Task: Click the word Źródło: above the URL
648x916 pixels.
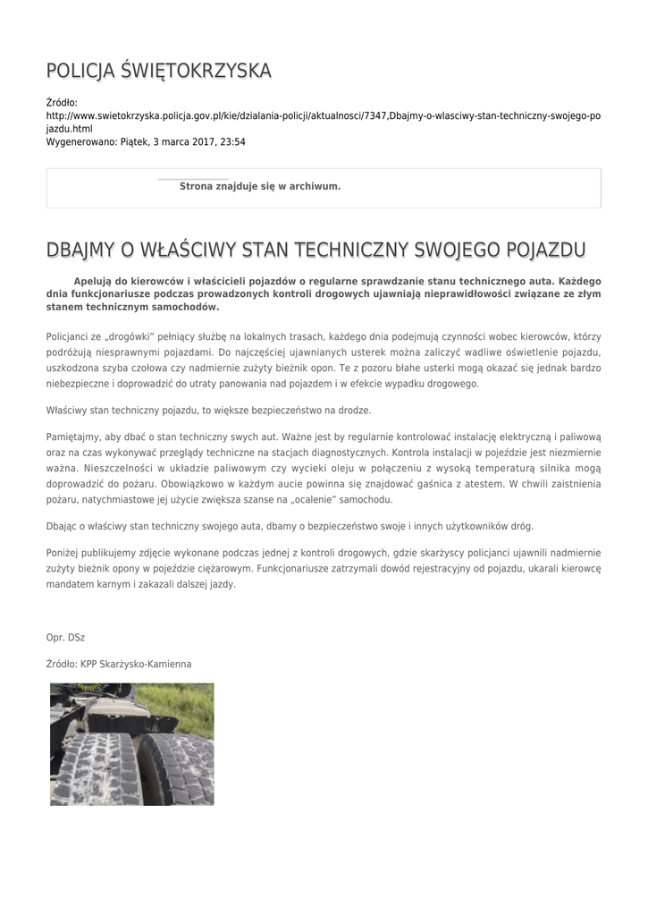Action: (x=62, y=103)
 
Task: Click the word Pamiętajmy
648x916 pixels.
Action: (x=72, y=437)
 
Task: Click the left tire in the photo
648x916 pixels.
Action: (x=98, y=769)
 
